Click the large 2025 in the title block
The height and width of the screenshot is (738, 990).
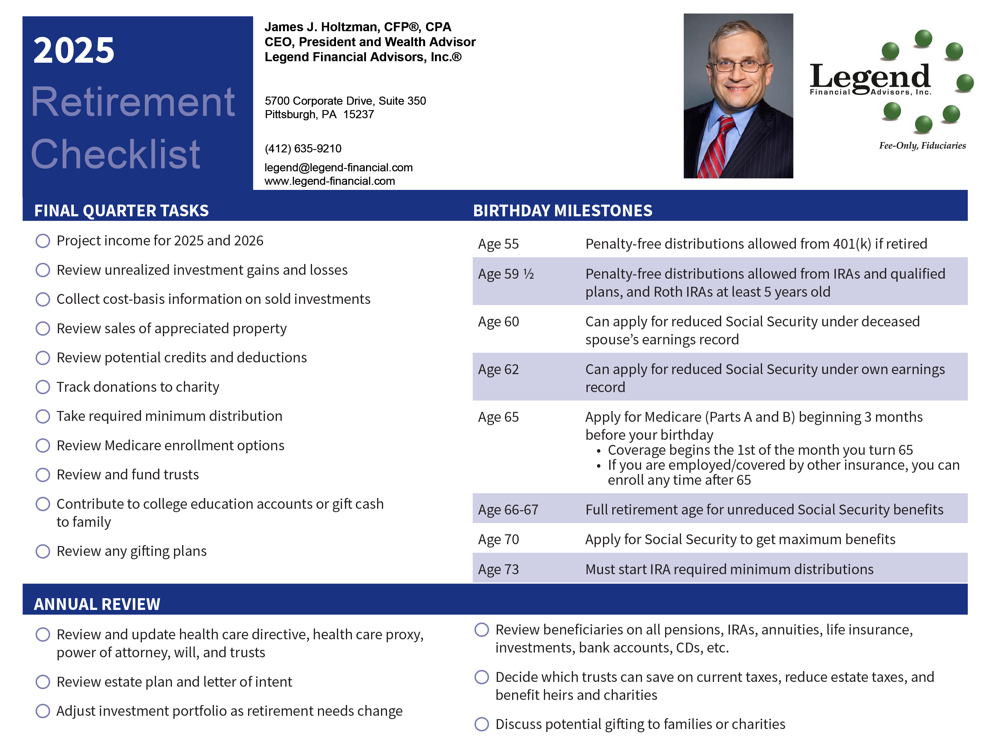pyautogui.click(x=74, y=50)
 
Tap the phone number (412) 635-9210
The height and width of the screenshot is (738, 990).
pyautogui.click(x=303, y=148)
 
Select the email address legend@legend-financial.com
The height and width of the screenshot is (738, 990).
pyautogui.click(x=338, y=167)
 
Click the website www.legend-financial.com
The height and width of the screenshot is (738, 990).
pyautogui.click(x=329, y=181)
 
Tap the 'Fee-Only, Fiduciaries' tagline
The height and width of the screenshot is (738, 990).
pyautogui.click(x=922, y=145)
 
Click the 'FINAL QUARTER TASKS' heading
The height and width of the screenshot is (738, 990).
pyautogui.click(x=121, y=210)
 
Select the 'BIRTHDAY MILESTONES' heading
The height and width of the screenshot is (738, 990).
pyautogui.click(x=562, y=210)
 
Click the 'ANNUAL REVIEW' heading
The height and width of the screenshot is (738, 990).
pyautogui.click(x=97, y=604)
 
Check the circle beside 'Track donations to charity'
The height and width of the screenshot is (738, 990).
pyautogui.click(x=43, y=387)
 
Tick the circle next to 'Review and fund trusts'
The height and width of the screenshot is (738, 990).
pyautogui.click(x=43, y=474)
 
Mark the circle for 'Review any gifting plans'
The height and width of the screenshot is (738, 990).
pyautogui.click(x=43, y=551)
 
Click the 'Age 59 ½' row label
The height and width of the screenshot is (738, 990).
pyautogui.click(x=506, y=274)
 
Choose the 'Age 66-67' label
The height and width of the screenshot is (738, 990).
pyautogui.click(x=508, y=510)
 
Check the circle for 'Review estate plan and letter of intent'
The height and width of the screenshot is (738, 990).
pyautogui.click(x=43, y=682)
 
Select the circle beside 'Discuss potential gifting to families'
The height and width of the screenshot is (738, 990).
pyautogui.click(x=481, y=724)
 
